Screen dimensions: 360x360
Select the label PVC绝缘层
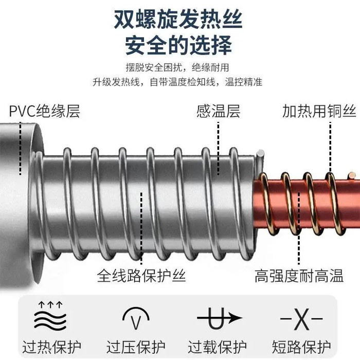(x=45, y=111)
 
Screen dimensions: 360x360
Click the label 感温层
(x=218, y=111)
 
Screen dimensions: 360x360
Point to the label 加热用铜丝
(x=319, y=111)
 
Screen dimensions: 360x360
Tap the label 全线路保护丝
(x=141, y=276)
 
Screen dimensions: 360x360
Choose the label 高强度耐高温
(x=299, y=277)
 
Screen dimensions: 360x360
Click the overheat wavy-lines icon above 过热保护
(x=50, y=315)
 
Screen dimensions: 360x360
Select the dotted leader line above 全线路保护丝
(x=142, y=226)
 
